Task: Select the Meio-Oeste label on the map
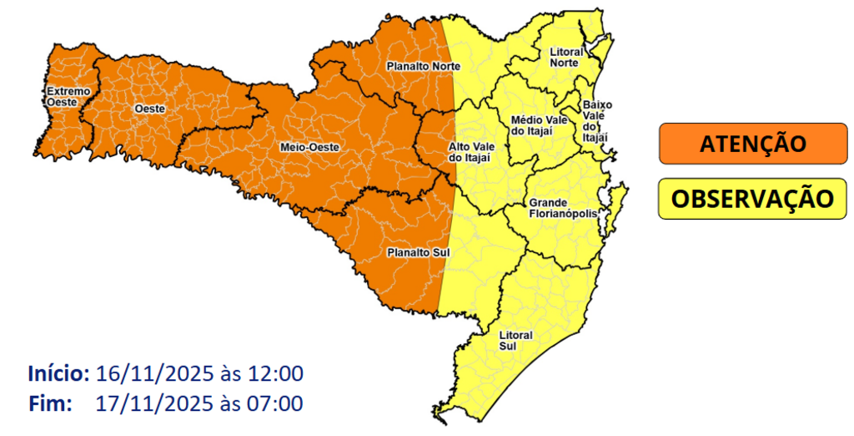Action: click(309, 147)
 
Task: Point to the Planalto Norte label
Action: click(418, 65)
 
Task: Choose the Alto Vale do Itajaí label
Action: click(470, 151)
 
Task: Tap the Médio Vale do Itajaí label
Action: click(537, 125)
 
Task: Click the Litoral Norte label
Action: click(566, 57)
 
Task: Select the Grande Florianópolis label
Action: click(563, 208)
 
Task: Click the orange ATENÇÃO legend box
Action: click(752, 144)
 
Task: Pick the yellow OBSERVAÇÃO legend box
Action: click(752, 199)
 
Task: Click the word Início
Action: click(58, 373)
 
